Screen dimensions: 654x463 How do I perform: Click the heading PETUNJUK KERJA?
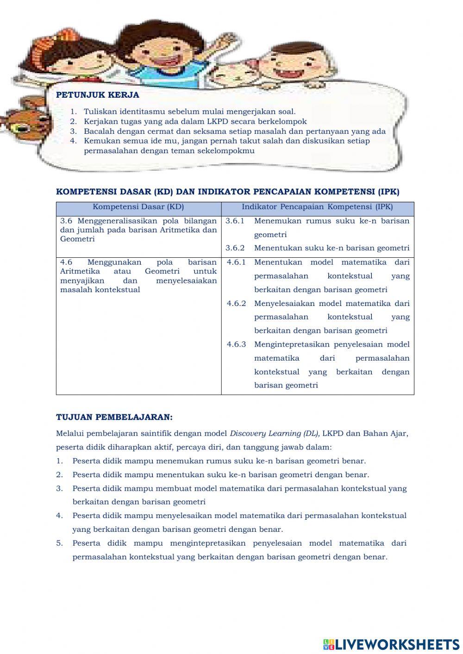(97, 95)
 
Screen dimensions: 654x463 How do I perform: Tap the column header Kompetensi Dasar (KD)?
(138, 207)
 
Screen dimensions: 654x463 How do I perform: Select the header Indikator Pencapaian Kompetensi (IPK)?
(317, 207)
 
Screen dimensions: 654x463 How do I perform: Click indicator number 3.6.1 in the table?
(235, 221)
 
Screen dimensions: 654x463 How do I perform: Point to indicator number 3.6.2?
(235, 248)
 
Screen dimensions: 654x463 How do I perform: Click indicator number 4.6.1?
(236, 262)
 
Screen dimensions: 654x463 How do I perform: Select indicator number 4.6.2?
(236, 304)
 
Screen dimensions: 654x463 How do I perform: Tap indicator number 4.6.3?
(236, 344)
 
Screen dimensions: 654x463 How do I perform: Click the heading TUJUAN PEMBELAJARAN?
(114, 417)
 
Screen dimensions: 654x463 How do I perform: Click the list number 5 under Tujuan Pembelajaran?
(59, 543)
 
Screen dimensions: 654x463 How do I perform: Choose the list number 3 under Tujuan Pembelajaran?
(59, 488)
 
